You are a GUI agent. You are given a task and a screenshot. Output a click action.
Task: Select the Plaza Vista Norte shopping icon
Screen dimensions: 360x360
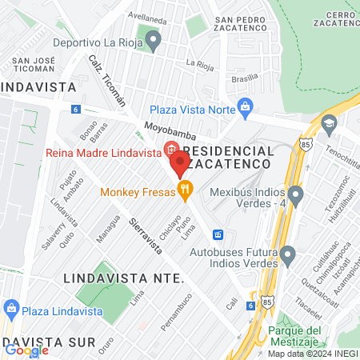(x=246, y=105)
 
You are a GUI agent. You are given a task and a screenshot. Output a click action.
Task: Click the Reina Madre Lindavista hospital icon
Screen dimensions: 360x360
(x=170, y=148)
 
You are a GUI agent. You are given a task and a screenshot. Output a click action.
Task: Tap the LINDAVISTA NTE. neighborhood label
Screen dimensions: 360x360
(x=123, y=278)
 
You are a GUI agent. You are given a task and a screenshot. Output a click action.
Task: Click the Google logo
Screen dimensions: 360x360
(x=26, y=350)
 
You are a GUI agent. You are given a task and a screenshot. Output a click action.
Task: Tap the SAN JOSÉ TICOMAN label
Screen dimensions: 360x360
(x=32, y=65)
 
